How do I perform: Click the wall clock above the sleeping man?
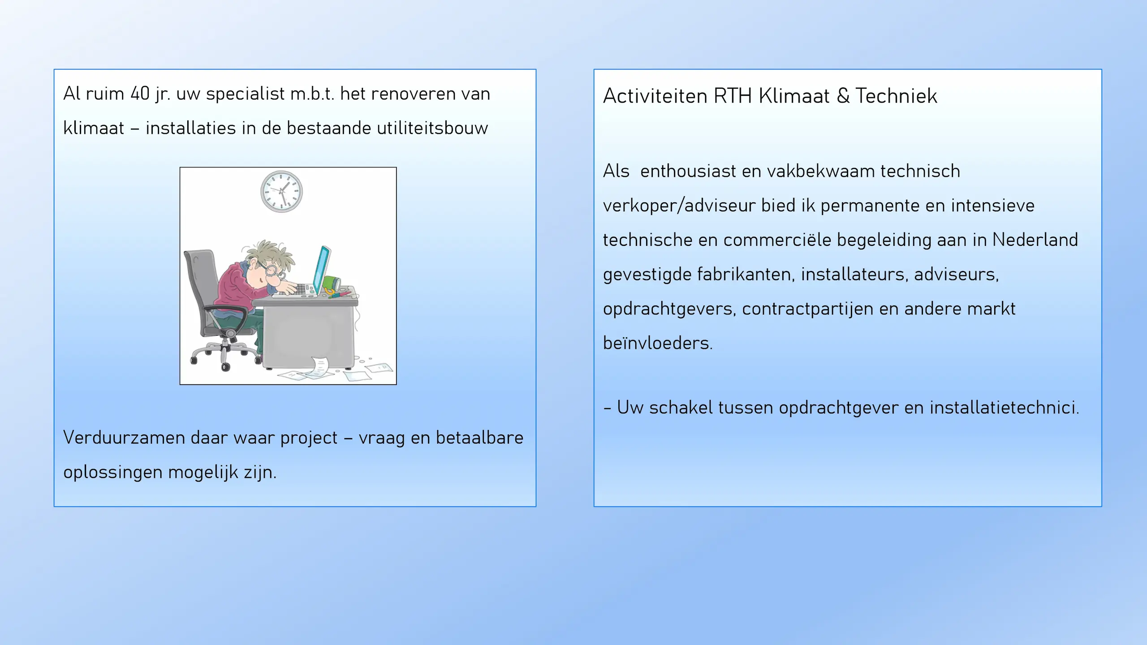(x=281, y=191)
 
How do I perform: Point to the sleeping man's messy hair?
(x=267, y=253)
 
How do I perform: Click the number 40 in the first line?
(x=140, y=94)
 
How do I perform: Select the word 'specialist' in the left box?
(x=245, y=94)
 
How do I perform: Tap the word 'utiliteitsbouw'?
(x=432, y=128)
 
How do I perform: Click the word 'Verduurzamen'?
(x=124, y=438)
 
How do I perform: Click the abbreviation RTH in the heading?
(x=732, y=96)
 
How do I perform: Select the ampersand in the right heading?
(x=842, y=96)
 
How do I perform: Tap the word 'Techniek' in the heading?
(x=896, y=96)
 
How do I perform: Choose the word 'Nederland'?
(x=1035, y=240)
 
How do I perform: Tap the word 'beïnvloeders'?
(x=657, y=343)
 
